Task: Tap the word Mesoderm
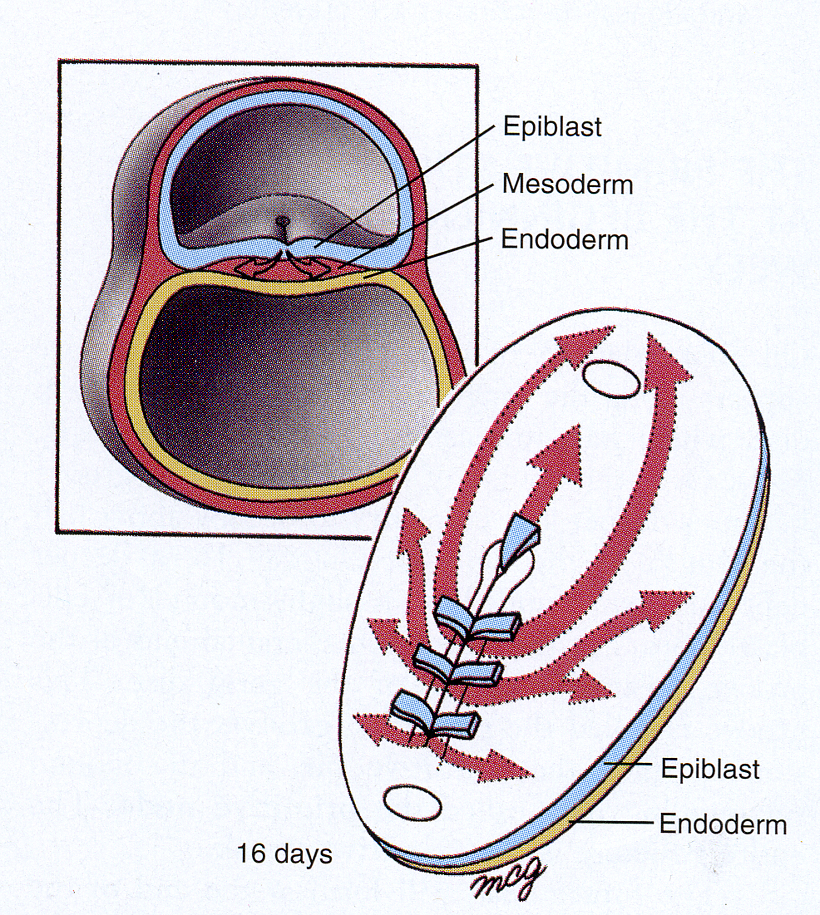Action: (x=567, y=185)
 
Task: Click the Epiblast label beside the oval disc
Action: (x=710, y=769)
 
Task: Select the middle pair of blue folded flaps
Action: (x=458, y=668)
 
